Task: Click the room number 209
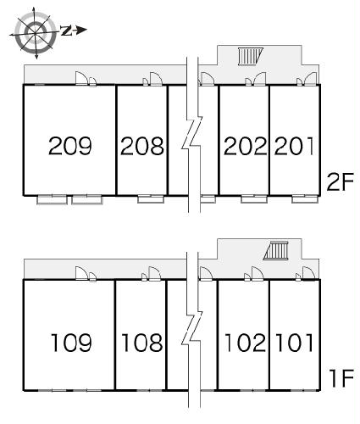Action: [x=70, y=146]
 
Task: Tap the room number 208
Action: [x=142, y=146]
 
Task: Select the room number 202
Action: [x=245, y=146]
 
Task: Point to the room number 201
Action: [x=294, y=146]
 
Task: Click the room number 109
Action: [x=71, y=343]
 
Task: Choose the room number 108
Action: [x=142, y=343]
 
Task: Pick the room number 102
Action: [x=245, y=343]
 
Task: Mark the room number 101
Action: [x=295, y=343]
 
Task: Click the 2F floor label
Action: [x=340, y=181]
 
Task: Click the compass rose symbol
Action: [x=35, y=33]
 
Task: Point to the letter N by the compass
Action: [x=66, y=31]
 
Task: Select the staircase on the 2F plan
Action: [x=250, y=57]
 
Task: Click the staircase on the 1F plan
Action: [x=276, y=251]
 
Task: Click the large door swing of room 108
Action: [x=155, y=273]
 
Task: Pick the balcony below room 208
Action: [x=151, y=199]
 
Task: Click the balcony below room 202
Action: [x=254, y=199]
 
